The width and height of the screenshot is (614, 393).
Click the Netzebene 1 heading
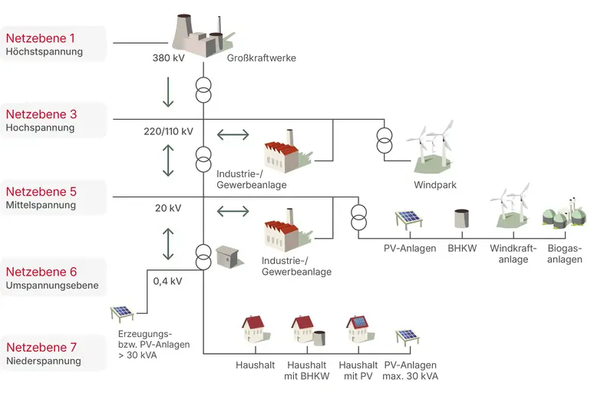[40, 38]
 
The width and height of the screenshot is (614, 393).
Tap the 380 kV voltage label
[169, 58]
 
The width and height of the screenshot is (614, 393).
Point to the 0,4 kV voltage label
[167, 281]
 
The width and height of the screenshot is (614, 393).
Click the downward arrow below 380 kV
[168, 92]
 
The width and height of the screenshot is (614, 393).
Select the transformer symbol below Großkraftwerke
[203, 89]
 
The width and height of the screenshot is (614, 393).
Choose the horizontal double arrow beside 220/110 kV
[233, 135]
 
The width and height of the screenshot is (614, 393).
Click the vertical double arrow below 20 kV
[168, 243]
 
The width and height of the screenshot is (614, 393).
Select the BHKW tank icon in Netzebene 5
[462, 218]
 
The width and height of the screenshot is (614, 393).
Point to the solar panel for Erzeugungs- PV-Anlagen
[123, 313]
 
